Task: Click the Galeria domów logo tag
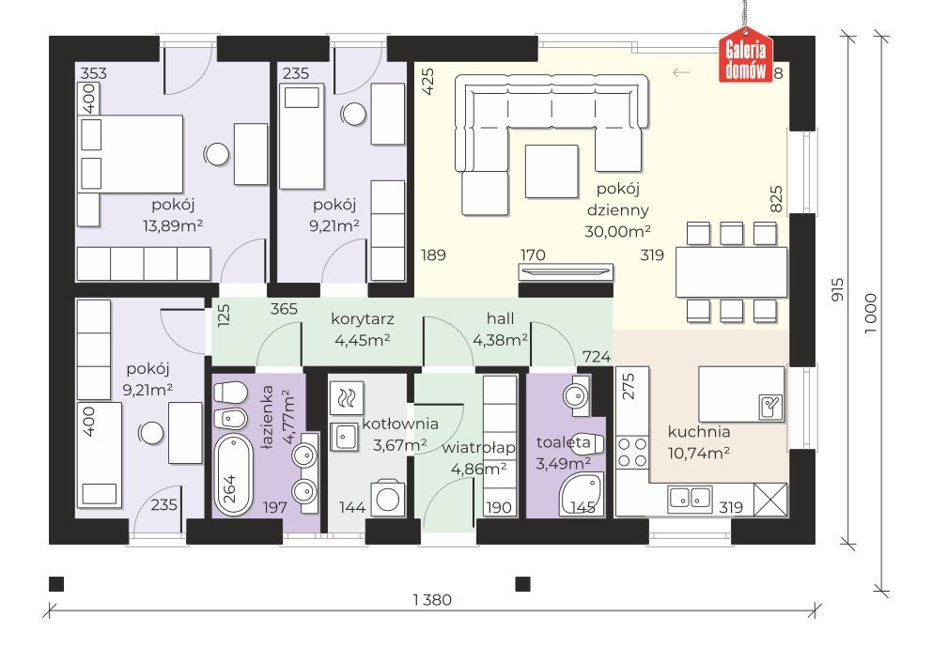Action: click(745, 55)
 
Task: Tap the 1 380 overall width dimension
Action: click(432, 600)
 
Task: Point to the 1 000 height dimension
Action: click(870, 313)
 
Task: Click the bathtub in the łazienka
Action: click(232, 474)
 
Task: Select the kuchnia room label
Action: click(699, 432)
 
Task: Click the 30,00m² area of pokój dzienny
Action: click(617, 231)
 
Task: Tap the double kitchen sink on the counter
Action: click(690, 498)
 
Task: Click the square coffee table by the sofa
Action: click(551, 171)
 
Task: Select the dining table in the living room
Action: click(731, 272)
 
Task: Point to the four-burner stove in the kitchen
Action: click(632, 452)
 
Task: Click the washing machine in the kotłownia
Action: click(388, 498)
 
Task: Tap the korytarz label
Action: click(363, 319)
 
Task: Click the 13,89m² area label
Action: click(173, 225)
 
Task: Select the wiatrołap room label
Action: click(478, 448)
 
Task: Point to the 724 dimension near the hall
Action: click(597, 356)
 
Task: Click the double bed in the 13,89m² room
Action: click(131, 153)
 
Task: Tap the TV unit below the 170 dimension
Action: click(566, 272)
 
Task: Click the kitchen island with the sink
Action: click(741, 393)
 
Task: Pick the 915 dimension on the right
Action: click(837, 289)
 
